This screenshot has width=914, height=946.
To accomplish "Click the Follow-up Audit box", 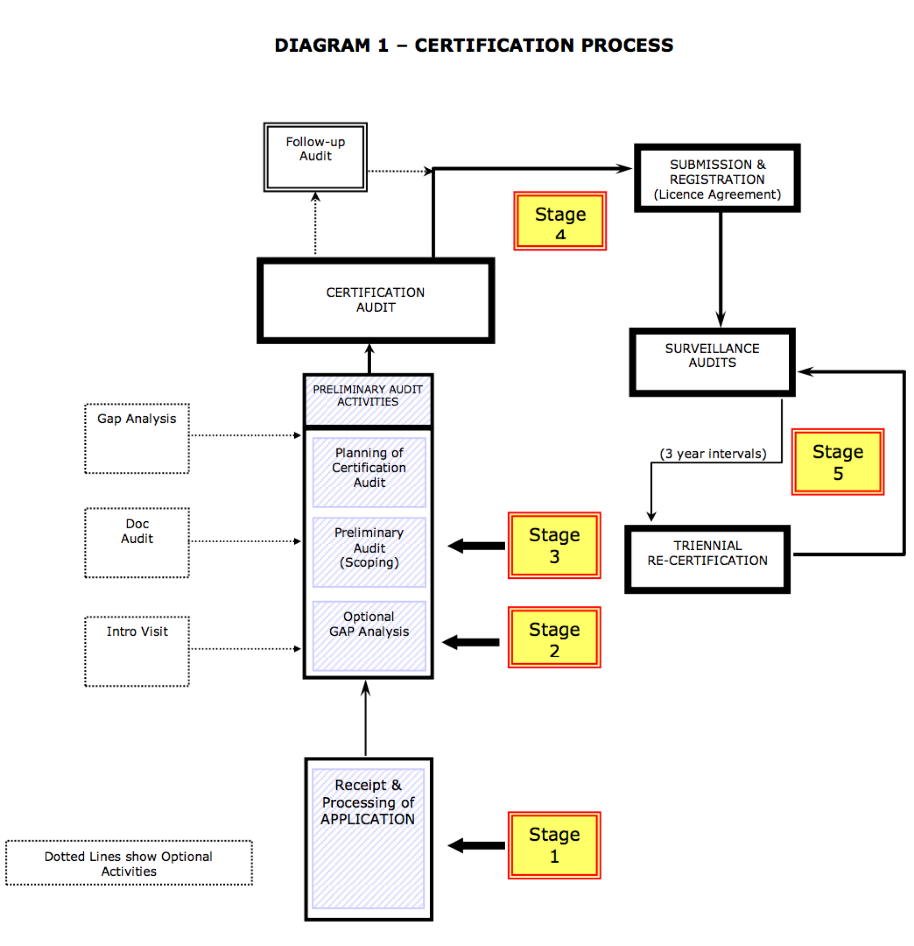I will (315, 157).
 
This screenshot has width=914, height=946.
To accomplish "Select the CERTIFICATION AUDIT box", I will (376, 300).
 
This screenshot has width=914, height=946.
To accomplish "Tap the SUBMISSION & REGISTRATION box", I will (717, 178).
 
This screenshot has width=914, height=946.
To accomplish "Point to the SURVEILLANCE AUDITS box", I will (712, 362).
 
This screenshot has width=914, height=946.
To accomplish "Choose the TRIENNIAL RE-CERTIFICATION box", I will (707, 559).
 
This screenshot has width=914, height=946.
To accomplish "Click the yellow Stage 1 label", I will (554, 845).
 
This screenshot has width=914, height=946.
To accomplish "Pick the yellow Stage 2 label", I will (554, 637).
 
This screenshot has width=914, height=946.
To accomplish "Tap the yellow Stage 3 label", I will (554, 545).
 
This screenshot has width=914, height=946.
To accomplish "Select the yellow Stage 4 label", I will (560, 221).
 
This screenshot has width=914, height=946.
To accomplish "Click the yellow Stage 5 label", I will (838, 462).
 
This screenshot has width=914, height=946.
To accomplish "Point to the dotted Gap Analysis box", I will (137, 438).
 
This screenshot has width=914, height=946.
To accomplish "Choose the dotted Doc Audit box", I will (137, 542).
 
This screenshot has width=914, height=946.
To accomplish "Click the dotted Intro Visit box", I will (137, 651).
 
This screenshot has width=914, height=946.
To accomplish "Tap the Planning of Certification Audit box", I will (369, 472).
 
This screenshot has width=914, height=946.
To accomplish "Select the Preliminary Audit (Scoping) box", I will (369, 552).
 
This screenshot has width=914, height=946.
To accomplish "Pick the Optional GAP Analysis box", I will (369, 635).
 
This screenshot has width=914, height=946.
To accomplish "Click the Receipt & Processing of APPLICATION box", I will (368, 838).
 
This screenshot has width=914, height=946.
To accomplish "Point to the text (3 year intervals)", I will (713, 453).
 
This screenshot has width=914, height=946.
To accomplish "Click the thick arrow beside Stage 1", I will (476, 845).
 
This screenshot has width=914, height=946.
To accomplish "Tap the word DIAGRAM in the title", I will (322, 45).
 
